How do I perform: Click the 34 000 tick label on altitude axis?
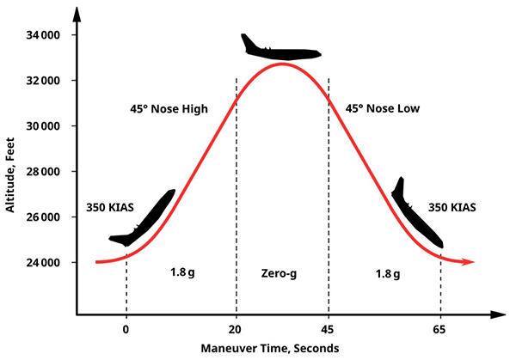[x=43, y=35]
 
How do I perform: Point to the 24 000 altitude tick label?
[x=43, y=262]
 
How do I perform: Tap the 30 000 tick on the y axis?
[x=43, y=126]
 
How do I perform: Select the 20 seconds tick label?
[x=236, y=328]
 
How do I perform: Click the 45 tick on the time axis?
[x=329, y=328]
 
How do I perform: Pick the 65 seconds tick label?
[x=441, y=328]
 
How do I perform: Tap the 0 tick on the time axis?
[x=126, y=328]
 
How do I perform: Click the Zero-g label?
[x=282, y=273]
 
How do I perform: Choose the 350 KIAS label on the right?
[x=451, y=208]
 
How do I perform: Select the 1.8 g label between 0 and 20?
[x=182, y=273]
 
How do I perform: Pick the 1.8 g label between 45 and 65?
[x=387, y=273]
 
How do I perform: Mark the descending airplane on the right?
[x=417, y=215]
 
